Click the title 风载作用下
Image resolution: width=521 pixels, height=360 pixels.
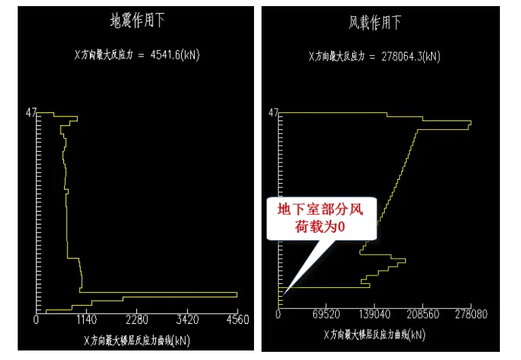pyautogui.click(x=375, y=22)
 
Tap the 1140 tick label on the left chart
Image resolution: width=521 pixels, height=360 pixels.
pyautogui.click(x=86, y=318)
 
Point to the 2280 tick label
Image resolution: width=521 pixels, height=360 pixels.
pyautogui.click(x=137, y=318)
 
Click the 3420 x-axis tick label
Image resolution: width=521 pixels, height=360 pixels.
pyautogui.click(x=187, y=318)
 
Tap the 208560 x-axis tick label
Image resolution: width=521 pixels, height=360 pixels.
pyautogui.click(x=423, y=315)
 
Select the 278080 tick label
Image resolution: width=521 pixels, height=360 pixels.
pyautogui.click(x=471, y=315)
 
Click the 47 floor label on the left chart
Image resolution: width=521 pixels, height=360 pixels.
pyautogui.click(x=31, y=113)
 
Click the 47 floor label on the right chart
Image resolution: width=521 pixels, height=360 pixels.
pyautogui.click(x=272, y=112)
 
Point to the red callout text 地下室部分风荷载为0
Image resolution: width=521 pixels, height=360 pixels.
pyautogui.click(x=320, y=218)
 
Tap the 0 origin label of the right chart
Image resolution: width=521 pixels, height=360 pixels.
pyautogui.click(x=278, y=315)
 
